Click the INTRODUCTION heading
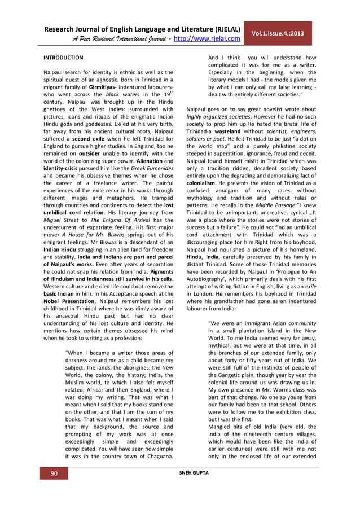tap(63, 58)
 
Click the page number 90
tap(54, 473)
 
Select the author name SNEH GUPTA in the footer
tap(194, 472)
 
